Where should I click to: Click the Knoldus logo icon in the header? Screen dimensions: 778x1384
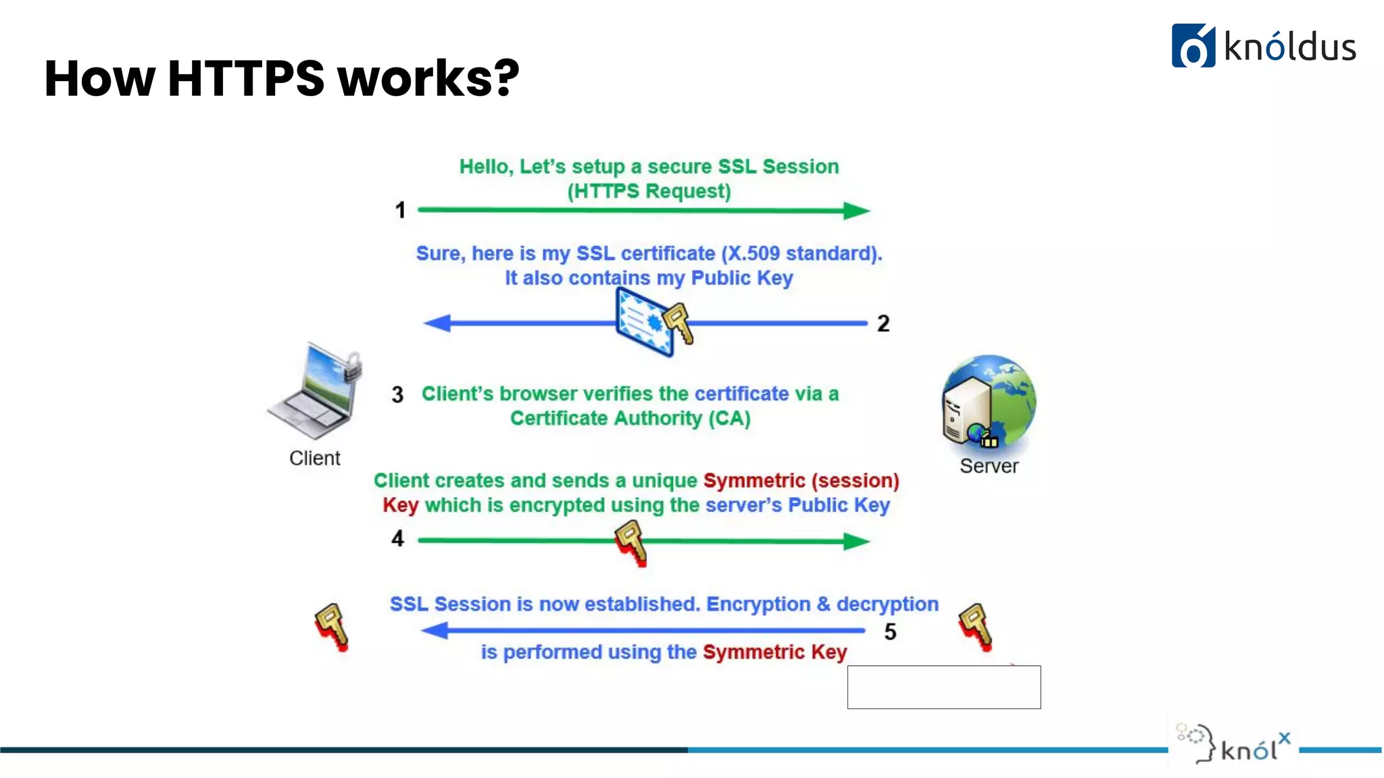point(1193,46)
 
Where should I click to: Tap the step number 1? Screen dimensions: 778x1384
point(400,210)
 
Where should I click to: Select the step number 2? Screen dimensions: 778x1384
point(883,323)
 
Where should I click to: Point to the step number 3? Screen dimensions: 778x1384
point(397,394)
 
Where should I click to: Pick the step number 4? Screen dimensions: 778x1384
point(397,538)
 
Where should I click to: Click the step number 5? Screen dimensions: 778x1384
point(890,631)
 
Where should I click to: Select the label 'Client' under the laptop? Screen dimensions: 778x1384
point(315,458)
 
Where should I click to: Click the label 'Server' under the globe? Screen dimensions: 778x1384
point(989,466)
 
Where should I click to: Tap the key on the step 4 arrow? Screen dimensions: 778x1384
point(631,542)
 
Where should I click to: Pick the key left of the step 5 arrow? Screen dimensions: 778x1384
point(332,626)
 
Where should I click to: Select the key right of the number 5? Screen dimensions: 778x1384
point(976,626)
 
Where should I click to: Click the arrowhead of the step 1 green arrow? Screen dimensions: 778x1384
point(856,211)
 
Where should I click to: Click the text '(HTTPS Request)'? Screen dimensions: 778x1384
point(649,191)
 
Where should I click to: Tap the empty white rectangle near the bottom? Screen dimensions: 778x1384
point(944,687)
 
